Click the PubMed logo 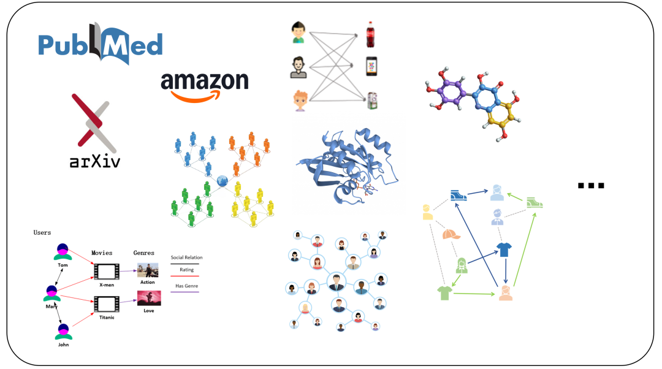click(100, 44)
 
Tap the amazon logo click(205, 86)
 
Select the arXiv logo click(95, 131)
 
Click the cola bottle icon click(370, 34)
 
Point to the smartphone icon click(371, 66)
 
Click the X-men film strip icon click(107, 272)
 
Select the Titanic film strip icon click(107, 305)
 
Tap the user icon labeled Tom click(63, 252)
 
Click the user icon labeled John click(63, 332)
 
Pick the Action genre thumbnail click(148, 270)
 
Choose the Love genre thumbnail click(149, 298)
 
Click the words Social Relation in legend click(186, 257)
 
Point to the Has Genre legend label click(186, 286)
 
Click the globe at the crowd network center click(223, 181)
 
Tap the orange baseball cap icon click(451, 234)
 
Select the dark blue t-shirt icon click(504, 249)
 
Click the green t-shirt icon click(444, 292)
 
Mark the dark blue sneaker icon click(458, 196)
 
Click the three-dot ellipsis click(591, 185)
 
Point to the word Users click(42, 233)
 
